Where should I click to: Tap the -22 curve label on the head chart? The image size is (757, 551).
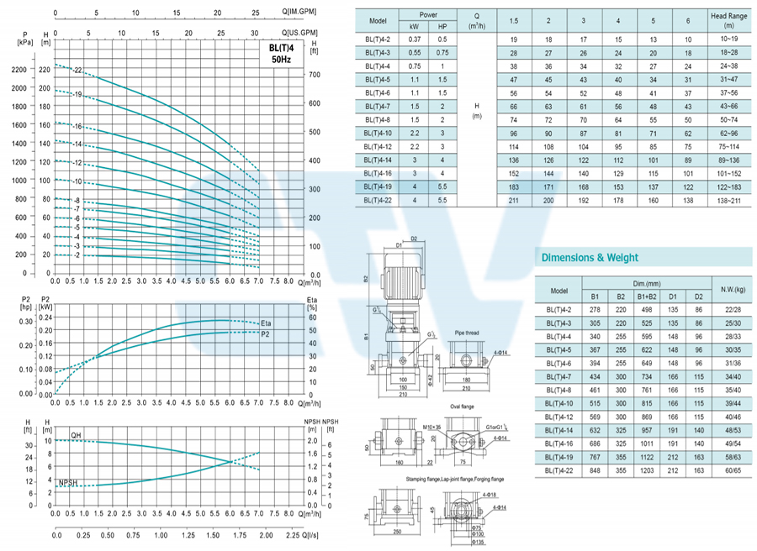coord(77,70)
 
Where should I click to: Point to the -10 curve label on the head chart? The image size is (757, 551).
coord(77,181)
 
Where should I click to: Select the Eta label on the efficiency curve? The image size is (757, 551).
coord(266,323)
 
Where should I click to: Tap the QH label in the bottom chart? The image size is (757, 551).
coord(76,435)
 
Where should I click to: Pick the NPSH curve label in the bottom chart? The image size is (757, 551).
coord(69,482)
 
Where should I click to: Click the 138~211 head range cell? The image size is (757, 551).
coord(728,201)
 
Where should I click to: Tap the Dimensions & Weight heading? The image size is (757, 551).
coord(590,258)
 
